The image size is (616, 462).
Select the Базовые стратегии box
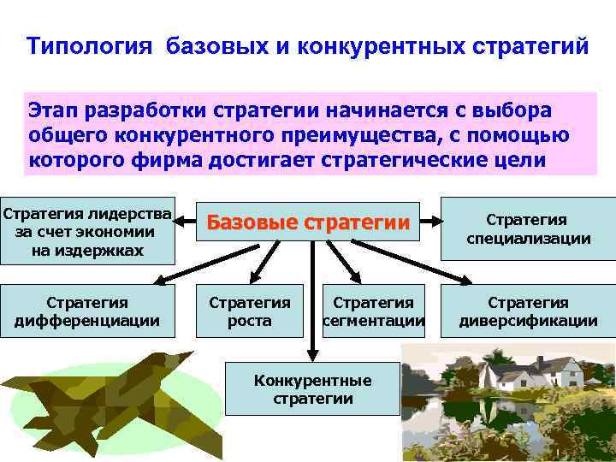click(x=307, y=223)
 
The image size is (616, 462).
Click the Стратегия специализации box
click(x=528, y=229)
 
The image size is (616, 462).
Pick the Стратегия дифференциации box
click(x=87, y=311)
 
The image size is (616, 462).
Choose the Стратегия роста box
click(x=250, y=311)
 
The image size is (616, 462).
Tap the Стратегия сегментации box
click(x=373, y=311)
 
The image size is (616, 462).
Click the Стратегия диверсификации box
click(x=528, y=311)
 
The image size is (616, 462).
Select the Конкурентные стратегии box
click(x=312, y=389)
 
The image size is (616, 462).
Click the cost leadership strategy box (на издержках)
click(x=87, y=231)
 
